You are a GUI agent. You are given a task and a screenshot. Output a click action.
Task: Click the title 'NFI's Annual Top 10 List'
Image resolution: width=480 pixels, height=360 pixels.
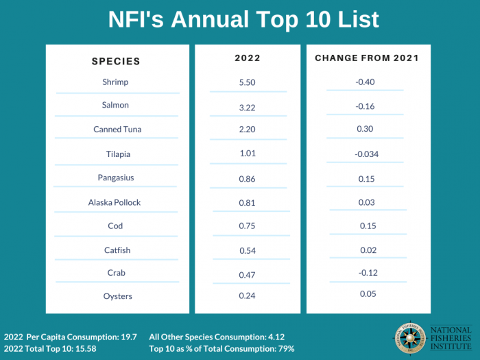pos(243,20)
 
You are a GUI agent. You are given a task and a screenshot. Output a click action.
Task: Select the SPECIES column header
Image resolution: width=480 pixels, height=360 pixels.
pos(116,61)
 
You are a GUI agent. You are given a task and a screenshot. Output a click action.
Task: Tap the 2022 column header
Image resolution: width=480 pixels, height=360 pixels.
pos(247,58)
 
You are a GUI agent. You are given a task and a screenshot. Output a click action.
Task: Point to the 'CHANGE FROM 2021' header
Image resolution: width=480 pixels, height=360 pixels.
pos(367,58)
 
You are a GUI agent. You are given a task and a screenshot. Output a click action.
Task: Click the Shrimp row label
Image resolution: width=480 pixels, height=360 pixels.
pos(115,82)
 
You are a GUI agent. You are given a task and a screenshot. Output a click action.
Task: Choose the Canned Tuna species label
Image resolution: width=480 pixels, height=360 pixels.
pos(117,129)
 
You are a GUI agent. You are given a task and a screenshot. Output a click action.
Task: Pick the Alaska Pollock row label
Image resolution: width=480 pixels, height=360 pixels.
pos(114,202)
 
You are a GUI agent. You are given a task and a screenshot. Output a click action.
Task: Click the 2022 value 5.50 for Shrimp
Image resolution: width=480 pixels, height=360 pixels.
pos(247,82)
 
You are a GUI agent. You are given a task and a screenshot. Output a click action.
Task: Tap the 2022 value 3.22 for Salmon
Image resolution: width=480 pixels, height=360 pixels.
pos(247,107)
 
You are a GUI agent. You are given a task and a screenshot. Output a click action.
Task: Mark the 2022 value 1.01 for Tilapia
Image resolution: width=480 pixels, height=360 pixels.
pos(247,153)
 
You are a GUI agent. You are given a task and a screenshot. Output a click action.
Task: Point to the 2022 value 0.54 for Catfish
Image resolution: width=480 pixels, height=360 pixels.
pos(247,251)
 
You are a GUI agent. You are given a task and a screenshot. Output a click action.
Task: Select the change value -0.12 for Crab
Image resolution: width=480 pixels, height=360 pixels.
pos(368,272)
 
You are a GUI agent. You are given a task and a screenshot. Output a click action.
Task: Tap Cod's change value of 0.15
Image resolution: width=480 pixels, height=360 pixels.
pos(368,226)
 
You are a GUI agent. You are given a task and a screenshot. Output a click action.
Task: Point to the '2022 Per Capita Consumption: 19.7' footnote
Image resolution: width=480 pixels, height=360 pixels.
pos(71,337)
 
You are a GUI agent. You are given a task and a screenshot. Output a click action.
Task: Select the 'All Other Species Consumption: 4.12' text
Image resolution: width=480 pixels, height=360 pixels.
pos(216,337)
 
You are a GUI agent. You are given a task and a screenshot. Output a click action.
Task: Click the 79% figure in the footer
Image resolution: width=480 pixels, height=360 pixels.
pos(285,349)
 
